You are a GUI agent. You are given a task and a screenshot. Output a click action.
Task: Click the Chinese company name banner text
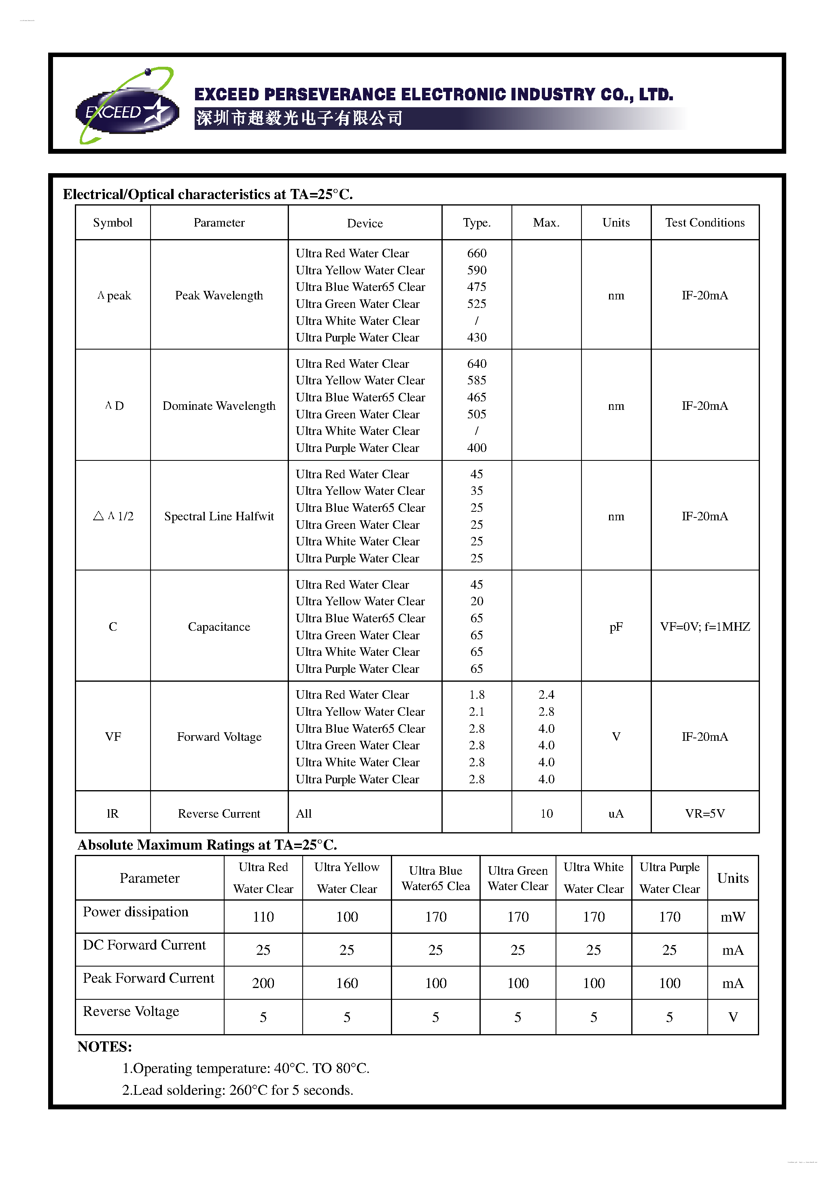coord(299,119)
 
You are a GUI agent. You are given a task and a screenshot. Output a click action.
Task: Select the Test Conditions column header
coord(704,223)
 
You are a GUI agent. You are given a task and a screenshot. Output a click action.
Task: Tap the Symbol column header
coord(112,223)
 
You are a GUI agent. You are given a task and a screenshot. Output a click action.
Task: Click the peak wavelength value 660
coord(476,253)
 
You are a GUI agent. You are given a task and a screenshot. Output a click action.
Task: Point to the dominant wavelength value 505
coord(476,414)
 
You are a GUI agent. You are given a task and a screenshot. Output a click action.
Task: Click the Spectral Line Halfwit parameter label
coord(219,516)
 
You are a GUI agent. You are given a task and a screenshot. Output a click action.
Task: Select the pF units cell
coord(615,627)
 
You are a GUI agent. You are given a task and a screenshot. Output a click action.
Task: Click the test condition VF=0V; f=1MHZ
coord(704,627)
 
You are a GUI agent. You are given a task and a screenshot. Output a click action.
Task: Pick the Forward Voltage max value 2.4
coord(546,695)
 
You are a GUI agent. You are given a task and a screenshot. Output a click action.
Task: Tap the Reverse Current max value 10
coord(546,814)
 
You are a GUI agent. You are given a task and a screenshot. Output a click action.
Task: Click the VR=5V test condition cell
coord(704,814)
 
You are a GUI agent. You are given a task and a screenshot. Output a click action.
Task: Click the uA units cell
coord(615,814)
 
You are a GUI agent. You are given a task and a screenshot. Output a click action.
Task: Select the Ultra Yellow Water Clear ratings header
coord(346,878)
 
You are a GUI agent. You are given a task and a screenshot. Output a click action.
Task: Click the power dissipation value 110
coord(263,917)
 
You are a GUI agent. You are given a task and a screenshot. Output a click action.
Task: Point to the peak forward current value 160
coord(346,984)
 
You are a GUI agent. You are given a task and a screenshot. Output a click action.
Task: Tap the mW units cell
coord(732,917)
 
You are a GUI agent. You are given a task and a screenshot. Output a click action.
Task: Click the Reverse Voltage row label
coord(131,1011)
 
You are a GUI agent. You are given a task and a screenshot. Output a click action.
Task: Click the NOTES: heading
coord(105,1047)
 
